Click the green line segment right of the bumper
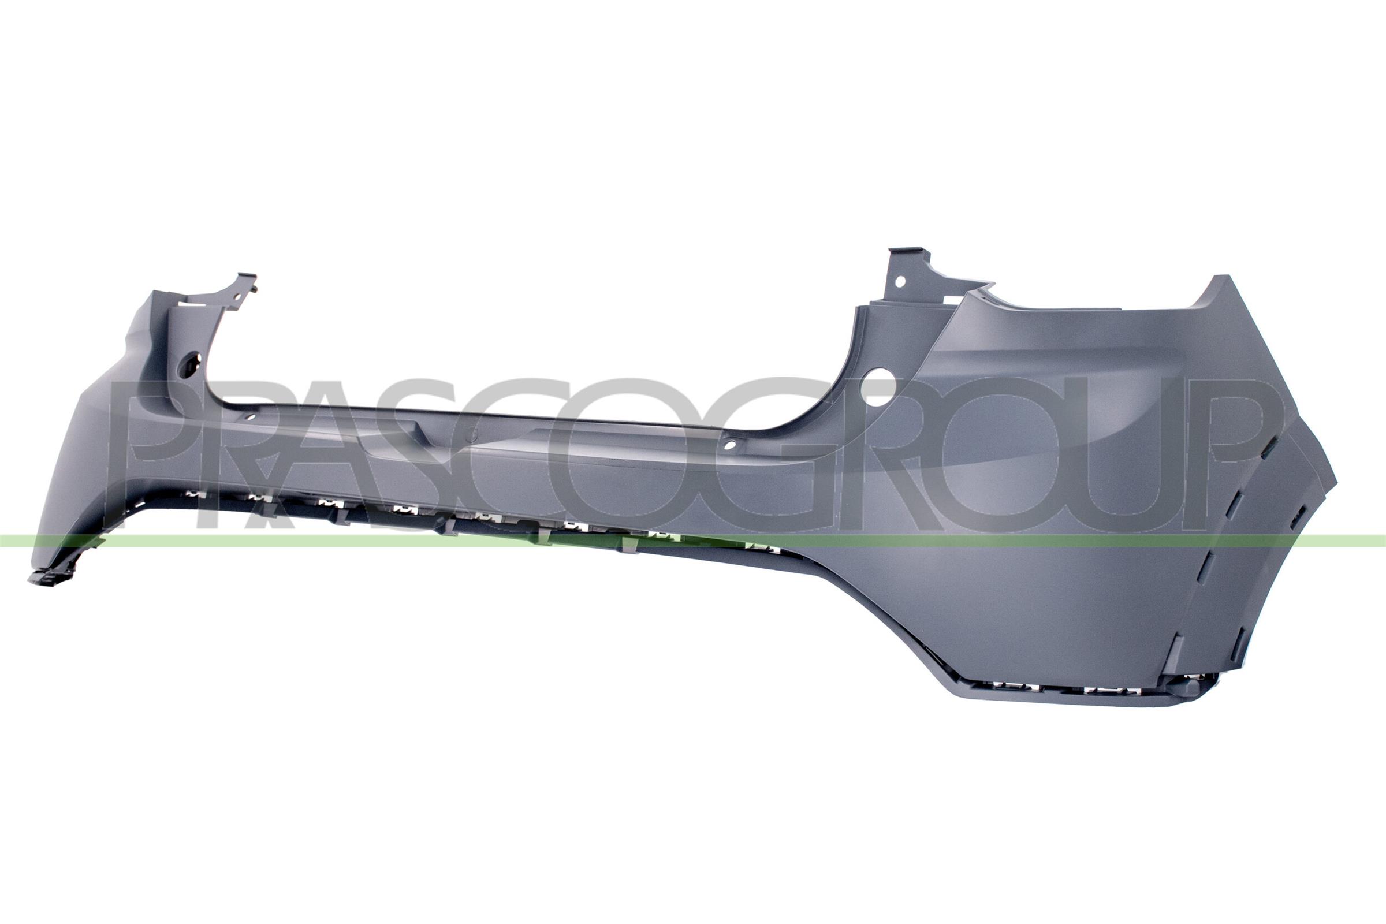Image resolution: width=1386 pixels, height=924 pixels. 1362,540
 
